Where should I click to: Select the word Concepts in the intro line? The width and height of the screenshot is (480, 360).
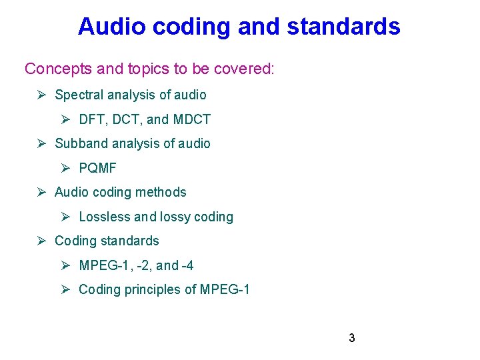(x=54, y=69)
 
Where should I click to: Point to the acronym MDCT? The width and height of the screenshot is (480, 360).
(x=191, y=119)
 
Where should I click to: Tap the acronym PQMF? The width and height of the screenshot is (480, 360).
(x=97, y=168)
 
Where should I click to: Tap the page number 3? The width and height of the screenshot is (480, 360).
(x=351, y=338)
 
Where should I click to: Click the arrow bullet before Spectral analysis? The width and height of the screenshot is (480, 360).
(x=41, y=95)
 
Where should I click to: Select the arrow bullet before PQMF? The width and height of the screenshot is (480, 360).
(x=65, y=168)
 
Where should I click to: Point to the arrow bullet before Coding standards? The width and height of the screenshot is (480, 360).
(x=41, y=241)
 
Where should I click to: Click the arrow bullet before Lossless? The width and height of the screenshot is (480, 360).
(x=65, y=217)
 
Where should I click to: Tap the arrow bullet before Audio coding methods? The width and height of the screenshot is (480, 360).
(x=41, y=192)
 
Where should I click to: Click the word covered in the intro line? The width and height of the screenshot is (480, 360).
(x=248, y=69)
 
